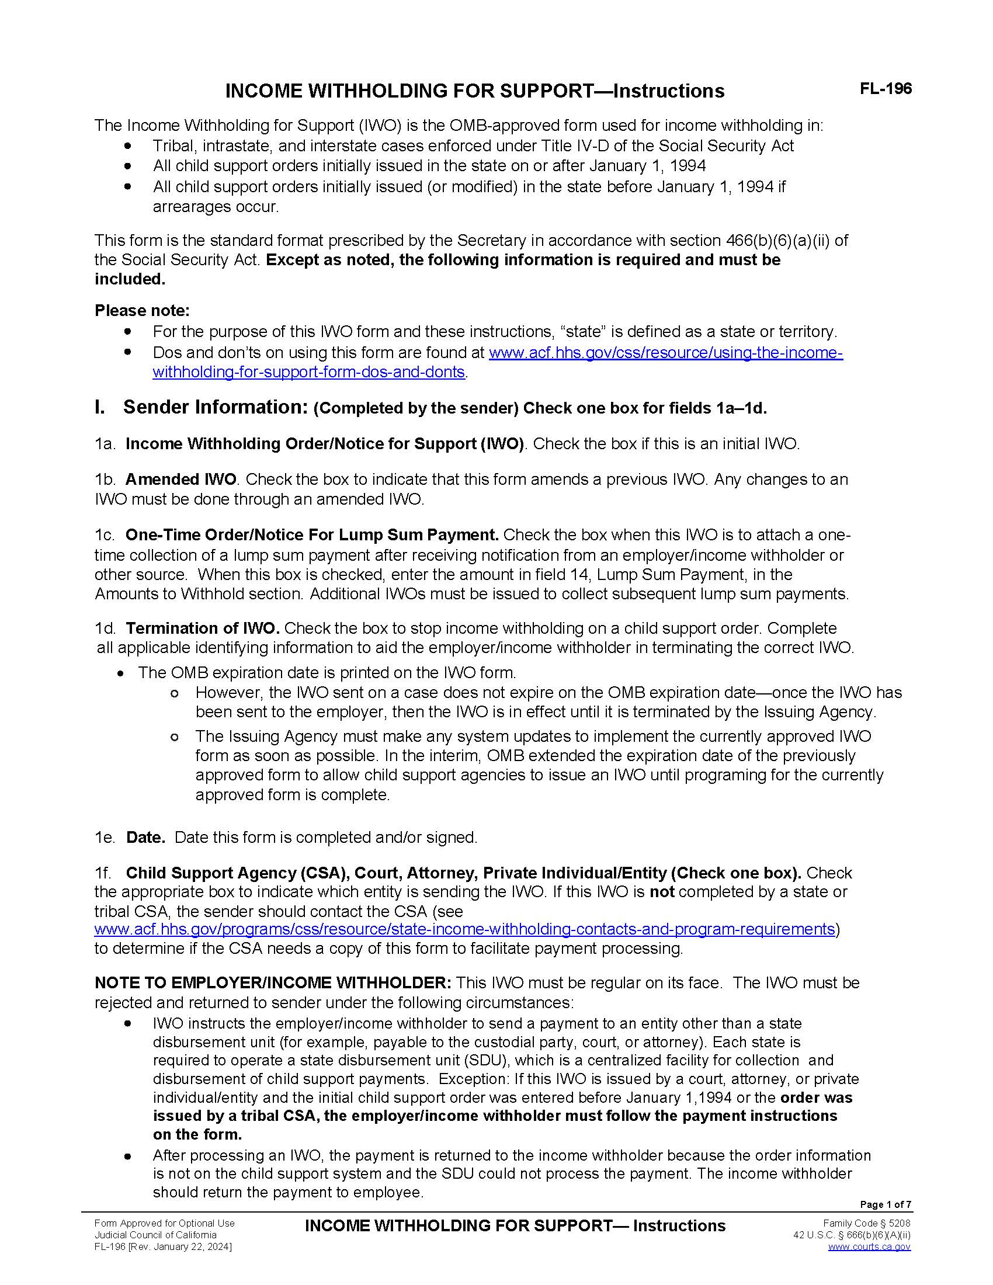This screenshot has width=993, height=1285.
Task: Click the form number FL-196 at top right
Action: point(886,89)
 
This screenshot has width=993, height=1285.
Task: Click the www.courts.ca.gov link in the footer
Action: point(869,1246)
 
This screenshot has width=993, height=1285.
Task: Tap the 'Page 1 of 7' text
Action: point(886,1204)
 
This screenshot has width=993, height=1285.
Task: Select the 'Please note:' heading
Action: point(142,310)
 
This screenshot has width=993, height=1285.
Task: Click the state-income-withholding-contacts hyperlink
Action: point(464,929)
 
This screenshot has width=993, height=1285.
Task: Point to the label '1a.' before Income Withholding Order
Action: point(105,444)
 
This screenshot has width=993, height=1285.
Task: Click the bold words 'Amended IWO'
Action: point(180,480)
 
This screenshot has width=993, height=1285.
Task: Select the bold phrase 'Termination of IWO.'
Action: point(202,628)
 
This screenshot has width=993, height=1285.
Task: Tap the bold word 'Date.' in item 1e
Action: point(145,837)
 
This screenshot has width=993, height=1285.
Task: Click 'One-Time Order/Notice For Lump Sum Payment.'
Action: point(312,535)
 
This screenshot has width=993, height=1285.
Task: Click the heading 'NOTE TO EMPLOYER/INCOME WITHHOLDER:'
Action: point(272,982)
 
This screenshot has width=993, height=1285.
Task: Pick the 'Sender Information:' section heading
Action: point(216,407)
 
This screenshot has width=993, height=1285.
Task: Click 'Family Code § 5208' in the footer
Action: point(866,1223)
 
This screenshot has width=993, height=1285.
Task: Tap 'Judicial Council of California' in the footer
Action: point(155,1235)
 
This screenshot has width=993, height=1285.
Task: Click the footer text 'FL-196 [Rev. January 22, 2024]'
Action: point(163,1247)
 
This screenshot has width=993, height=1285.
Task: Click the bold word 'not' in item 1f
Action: point(661,892)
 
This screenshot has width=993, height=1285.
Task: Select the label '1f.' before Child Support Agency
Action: point(103,873)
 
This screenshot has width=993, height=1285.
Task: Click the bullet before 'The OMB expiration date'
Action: point(121,673)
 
